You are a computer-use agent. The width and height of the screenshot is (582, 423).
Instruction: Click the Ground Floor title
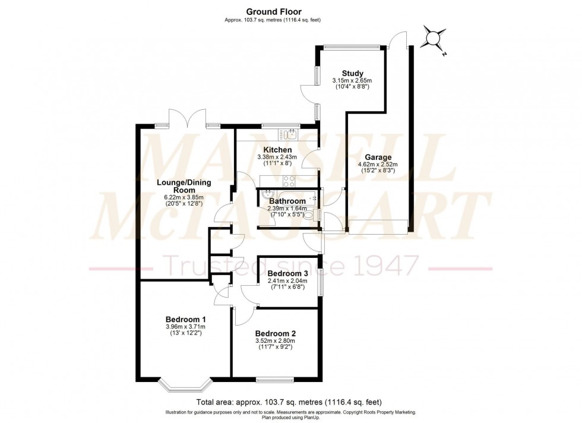coord(274,11)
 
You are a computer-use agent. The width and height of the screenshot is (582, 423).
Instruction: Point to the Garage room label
coord(377,157)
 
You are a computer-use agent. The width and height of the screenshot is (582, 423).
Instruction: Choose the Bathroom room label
coord(287,201)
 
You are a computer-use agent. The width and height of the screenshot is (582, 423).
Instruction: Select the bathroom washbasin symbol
coord(267,195)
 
